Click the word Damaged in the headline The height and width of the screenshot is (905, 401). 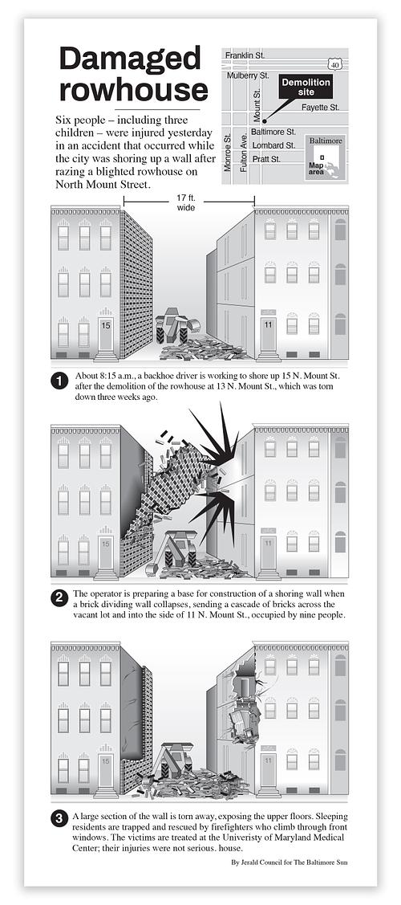130,59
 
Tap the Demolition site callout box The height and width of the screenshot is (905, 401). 306,88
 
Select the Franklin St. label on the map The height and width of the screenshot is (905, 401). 245,55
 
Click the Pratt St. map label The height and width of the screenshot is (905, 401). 267,159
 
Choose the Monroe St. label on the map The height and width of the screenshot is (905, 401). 227,153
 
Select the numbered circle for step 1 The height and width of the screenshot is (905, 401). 59,381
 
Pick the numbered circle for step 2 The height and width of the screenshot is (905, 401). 59,598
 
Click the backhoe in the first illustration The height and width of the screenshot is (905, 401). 176,325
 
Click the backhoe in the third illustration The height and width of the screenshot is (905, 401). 173,762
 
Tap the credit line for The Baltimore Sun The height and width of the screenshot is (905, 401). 289,862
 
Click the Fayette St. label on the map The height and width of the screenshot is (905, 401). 320,108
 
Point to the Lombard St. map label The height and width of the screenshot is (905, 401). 273,145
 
